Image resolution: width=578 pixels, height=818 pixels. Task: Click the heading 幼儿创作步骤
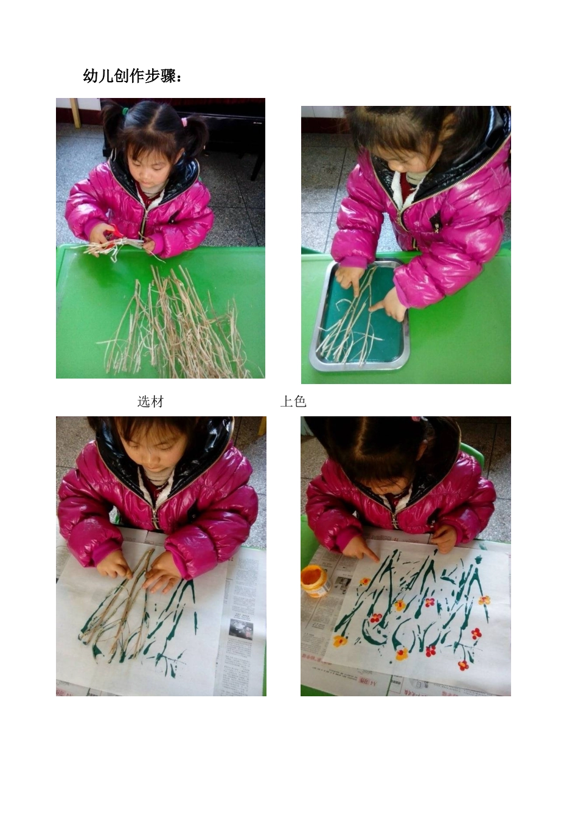(133, 76)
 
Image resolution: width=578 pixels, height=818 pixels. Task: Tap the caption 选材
(150, 402)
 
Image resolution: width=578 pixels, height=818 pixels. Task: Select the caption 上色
(293, 402)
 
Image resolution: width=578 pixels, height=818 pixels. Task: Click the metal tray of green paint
(360, 315)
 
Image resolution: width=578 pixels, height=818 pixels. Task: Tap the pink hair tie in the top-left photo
(184, 121)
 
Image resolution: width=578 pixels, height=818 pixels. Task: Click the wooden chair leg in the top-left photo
(76, 113)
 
